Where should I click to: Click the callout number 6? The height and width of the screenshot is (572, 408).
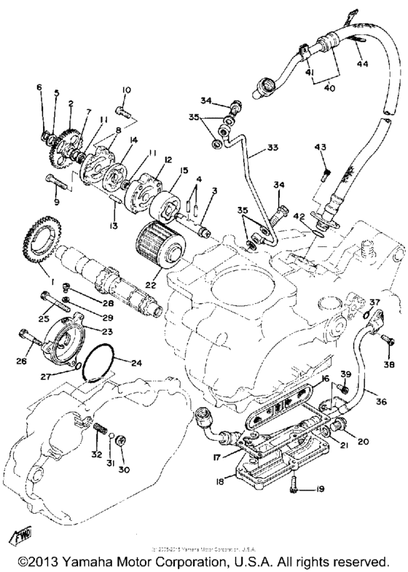[x=41, y=88]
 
